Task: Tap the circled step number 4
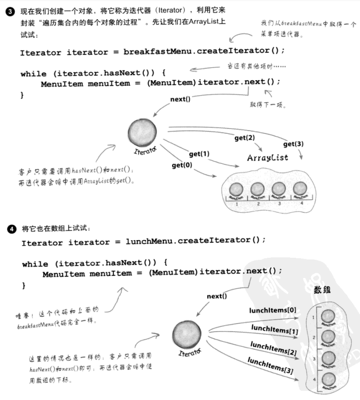[x=11, y=228]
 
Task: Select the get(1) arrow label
[x=199, y=153]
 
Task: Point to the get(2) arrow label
[x=245, y=138]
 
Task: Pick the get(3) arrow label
[x=293, y=144]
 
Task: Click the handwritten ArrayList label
[x=267, y=158]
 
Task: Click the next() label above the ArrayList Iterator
[x=180, y=99]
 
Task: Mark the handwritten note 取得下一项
[x=267, y=105]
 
